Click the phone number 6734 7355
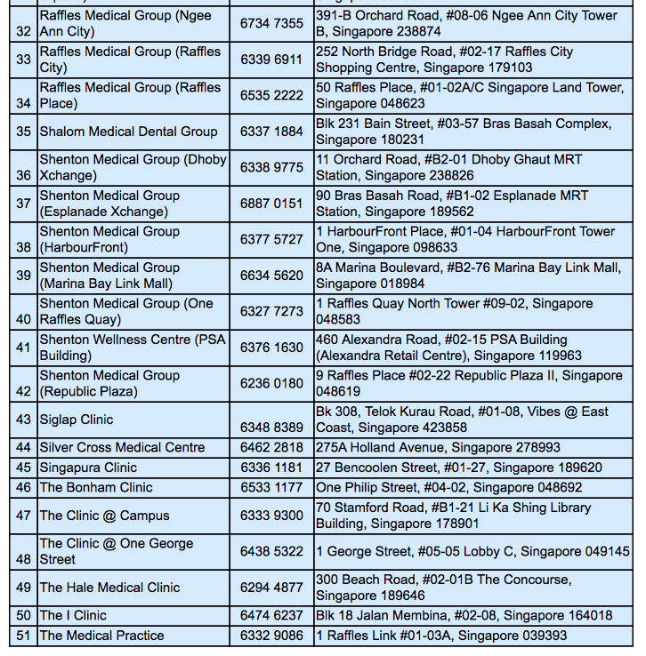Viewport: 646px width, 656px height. tap(271, 23)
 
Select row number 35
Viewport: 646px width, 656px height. tap(23, 132)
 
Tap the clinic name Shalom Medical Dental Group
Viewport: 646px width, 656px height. tap(128, 132)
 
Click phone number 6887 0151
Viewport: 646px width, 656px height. tap(271, 204)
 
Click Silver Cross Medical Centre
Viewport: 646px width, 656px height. tap(122, 448)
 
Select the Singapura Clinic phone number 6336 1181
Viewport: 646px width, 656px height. tap(271, 468)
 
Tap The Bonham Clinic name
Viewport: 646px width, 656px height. tap(96, 487)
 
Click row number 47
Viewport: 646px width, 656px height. tap(23, 516)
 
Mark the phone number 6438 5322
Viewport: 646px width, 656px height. tap(271, 551)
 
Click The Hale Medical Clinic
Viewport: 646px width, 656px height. tap(109, 588)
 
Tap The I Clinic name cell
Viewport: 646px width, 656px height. tap(73, 615)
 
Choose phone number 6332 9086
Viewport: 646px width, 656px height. tap(271, 636)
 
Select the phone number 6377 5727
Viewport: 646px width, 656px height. tap(271, 239)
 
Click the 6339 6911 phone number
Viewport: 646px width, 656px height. tap(271, 60)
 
